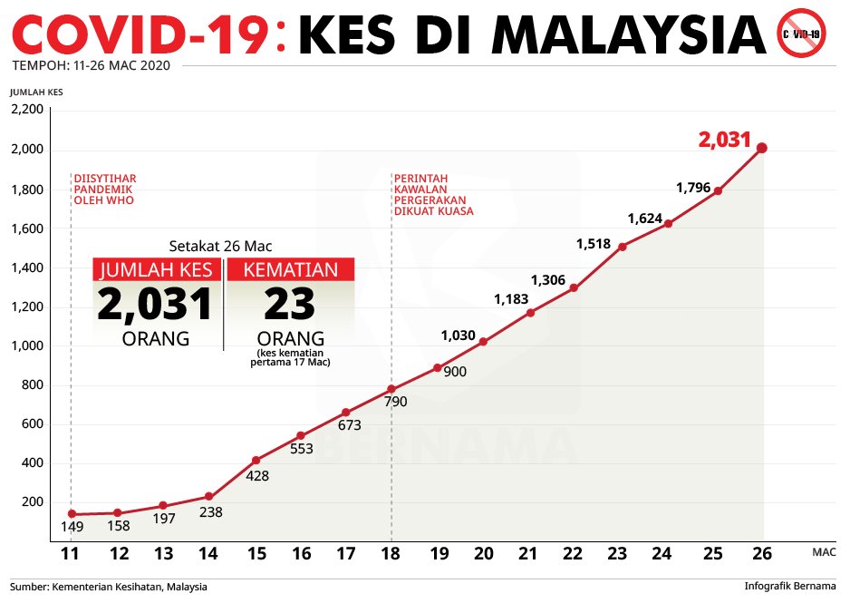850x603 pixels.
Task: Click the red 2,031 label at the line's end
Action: (x=725, y=140)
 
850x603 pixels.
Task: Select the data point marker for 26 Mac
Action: (x=762, y=148)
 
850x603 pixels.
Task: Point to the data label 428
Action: (x=257, y=476)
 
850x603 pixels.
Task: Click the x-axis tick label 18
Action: (x=391, y=555)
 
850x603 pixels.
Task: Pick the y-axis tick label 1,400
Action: (x=27, y=267)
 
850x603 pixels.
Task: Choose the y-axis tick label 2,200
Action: (x=27, y=110)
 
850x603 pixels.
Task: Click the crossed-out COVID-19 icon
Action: (x=801, y=33)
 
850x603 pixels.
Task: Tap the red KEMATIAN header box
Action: (x=291, y=269)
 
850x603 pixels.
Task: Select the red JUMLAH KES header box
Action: (x=157, y=269)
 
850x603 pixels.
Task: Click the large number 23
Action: (x=290, y=305)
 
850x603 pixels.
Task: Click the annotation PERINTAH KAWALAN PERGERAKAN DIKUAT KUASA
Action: (x=434, y=194)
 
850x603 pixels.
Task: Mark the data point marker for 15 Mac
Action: (x=256, y=461)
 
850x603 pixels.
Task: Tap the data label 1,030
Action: (x=459, y=336)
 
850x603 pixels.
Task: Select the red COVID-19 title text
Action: (x=141, y=34)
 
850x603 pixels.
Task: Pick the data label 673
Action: (x=349, y=424)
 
